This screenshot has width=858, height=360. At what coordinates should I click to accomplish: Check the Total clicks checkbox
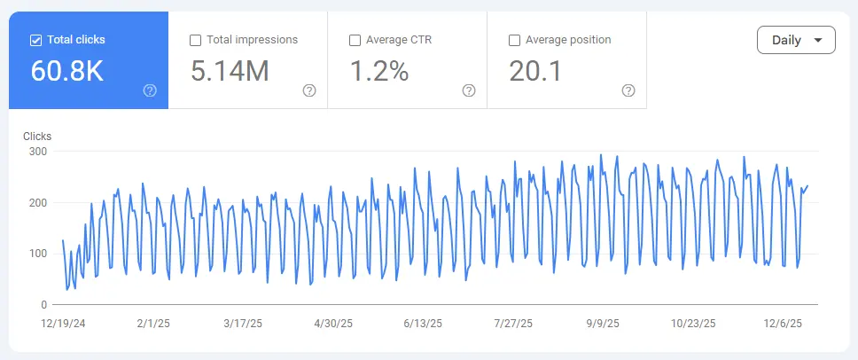tap(36, 40)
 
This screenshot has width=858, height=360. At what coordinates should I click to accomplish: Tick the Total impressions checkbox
tap(196, 40)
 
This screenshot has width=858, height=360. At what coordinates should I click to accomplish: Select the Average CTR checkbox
tap(355, 40)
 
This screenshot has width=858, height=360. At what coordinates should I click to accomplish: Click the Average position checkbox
tap(515, 40)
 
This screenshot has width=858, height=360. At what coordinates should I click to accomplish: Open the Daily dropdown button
tap(796, 40)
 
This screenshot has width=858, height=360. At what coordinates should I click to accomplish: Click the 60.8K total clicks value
tap(67, 72)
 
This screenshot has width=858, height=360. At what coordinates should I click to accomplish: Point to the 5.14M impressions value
tap(230, 72)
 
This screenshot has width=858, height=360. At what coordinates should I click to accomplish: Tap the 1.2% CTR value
tap(378, 72)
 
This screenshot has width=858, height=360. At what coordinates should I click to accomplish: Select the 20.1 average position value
tap(535, 72)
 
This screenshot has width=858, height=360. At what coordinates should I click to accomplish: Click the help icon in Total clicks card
tap(150, 90)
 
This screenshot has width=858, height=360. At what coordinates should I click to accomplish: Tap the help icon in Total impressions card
tap(309, 90)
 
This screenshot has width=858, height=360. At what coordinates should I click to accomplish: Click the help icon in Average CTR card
tap(469, 90)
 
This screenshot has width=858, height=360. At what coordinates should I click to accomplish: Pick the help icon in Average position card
tap(628, 90)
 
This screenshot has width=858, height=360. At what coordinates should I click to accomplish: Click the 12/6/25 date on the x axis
tap(784, 324)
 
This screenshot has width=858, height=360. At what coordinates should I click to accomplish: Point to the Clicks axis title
tap(37, 137)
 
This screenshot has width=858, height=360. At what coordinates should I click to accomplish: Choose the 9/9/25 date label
tap(603, 324)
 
